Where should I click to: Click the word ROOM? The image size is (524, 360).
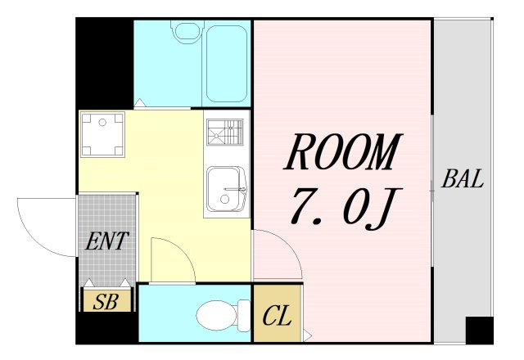[x=343, y=152]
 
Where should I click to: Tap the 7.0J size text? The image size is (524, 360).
[x=346, y=208]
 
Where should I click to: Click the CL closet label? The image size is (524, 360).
[x=277, y=316]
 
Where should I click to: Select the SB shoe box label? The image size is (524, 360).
[x=106, y=302]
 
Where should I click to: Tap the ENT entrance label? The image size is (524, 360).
[x=107, y=241]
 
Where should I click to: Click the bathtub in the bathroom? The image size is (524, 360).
[x=226, y=64]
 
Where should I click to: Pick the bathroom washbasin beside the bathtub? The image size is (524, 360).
[x=187, y=31]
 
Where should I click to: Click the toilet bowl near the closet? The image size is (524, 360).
[x=223, y=315]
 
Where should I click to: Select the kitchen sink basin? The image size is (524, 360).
[x=226, y=189]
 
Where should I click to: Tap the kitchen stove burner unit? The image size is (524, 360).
[x=225, y=132]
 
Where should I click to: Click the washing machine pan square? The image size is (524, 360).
[x=102, y=134]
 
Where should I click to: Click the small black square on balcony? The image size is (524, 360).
[x=479, y=331]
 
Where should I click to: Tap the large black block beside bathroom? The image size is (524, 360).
[x=105, y=64]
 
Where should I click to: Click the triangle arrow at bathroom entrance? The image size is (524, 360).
[x=139, y=102]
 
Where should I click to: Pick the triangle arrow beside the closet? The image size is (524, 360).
[x=308, y=335]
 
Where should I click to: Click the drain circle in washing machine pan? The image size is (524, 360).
[x=102, y=123]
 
